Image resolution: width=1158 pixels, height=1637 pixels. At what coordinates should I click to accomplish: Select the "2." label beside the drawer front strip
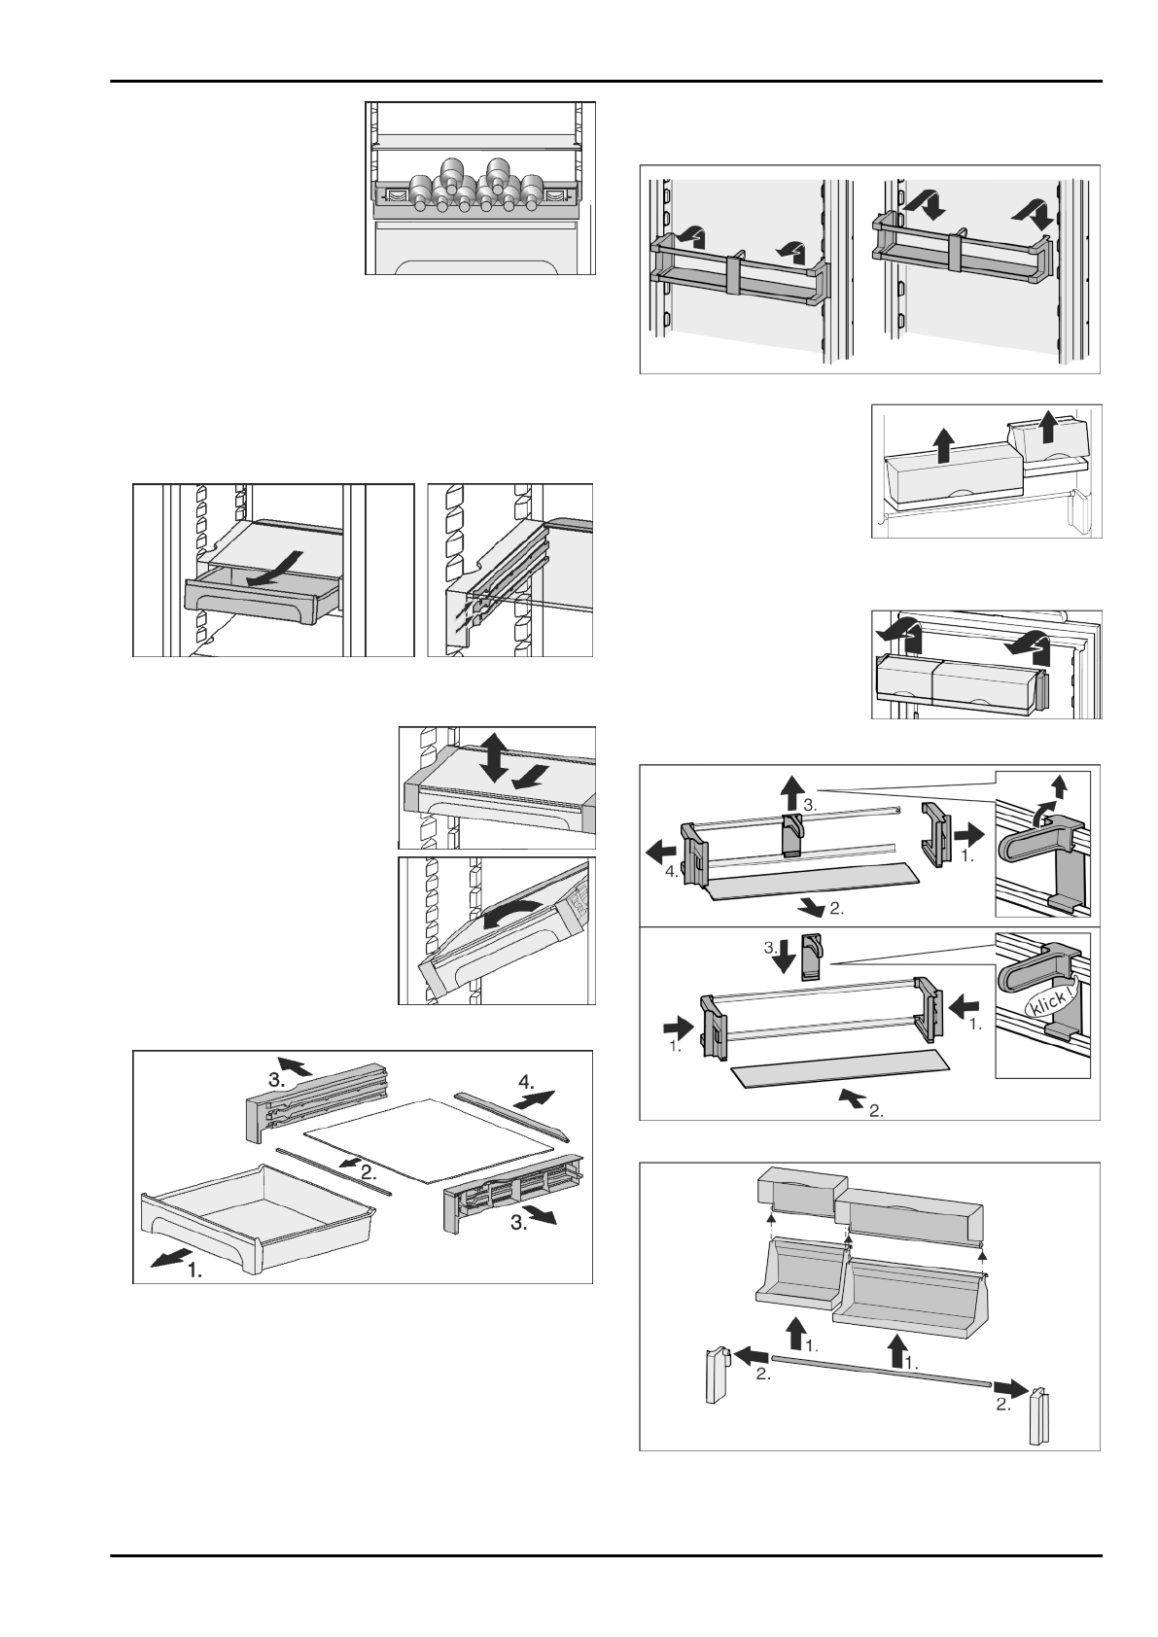pos(368,1172)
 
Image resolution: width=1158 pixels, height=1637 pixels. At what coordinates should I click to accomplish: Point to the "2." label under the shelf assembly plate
pos(876,1111)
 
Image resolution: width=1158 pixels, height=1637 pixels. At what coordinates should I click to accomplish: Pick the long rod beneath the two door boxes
pos(880,1368)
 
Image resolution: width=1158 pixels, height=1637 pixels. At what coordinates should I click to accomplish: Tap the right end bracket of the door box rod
pos(1040,1413)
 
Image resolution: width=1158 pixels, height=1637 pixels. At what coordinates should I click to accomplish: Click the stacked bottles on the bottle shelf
pos(473,189)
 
